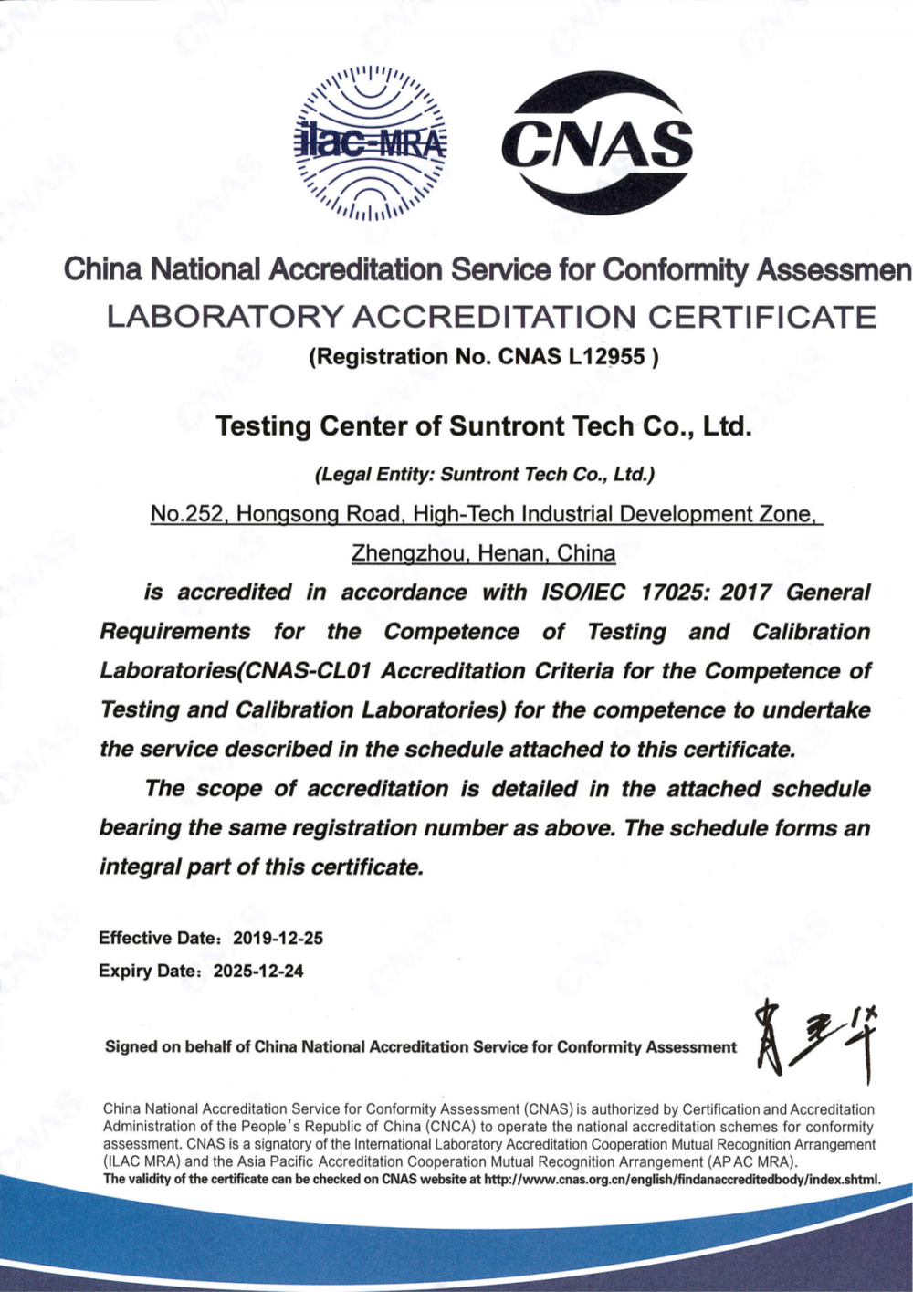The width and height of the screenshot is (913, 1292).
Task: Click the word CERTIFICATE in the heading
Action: tap(761, 317)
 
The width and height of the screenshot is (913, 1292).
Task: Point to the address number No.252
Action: tap(189, 514)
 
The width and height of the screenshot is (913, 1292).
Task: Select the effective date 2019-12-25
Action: tap(278, 938)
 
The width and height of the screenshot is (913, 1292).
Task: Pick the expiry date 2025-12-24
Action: tap(258, 971)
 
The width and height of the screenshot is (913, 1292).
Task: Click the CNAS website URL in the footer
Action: tap(681, 1180)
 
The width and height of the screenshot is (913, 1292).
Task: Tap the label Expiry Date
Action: tap(148, 971)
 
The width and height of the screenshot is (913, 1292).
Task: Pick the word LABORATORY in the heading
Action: tap(225, 317)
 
